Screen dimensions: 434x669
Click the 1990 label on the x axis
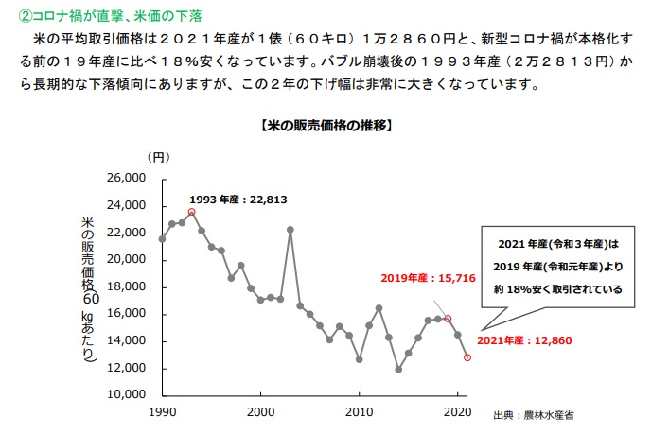163,411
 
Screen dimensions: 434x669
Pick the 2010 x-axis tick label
359,411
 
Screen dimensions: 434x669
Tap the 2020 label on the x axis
457,411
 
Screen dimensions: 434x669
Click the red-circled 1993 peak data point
191,212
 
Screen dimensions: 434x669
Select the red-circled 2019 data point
448,319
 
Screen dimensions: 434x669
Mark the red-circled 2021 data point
467,356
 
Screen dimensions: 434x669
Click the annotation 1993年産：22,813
238,199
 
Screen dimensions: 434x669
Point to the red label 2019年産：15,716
428,278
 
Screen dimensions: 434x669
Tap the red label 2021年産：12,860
523,340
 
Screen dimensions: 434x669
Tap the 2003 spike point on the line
290,230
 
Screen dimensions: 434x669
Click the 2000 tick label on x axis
260,411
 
